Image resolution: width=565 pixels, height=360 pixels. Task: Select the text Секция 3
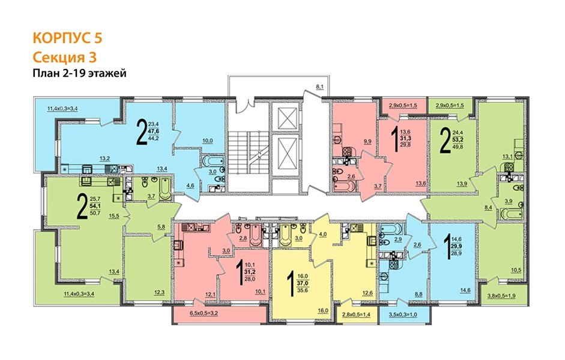click(64, 57)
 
